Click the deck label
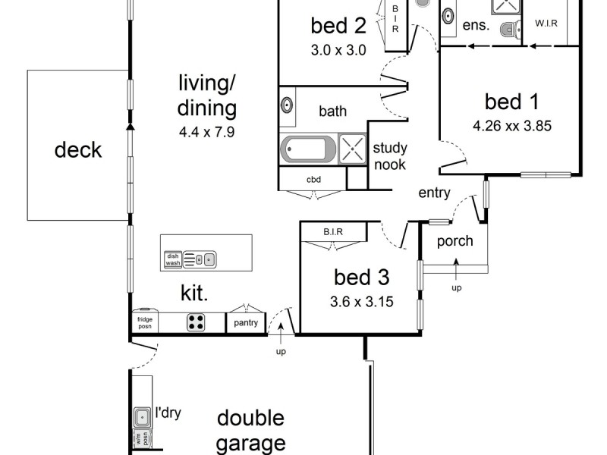click(x=78, y=149)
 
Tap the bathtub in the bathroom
click(x=307, y=149)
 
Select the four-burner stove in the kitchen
click(x=196, y=322)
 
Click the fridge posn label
click(x=144, y=322)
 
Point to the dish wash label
click(x=173, y=260)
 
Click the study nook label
click(x=389, y=155)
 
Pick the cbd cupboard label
click(x=313, y=180)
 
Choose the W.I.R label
click(x=546, y=24)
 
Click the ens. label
click(x=476, y=24)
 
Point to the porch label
click(x=455, y=241)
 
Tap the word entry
click(x=435, y=193)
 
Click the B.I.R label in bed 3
click(x=335, y=231)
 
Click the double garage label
click(x=250, y=430)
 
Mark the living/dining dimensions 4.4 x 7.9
click(x=207, y=131)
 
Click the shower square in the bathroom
click(x=352, y=149)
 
